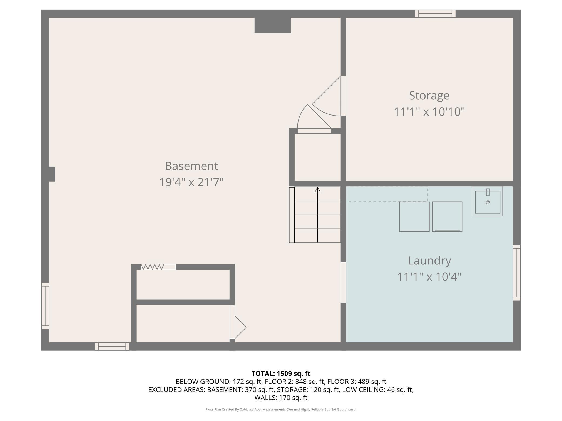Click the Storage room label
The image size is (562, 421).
(x=429, y=96)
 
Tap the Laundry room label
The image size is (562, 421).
(x=429, y=261)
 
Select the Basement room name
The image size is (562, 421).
(x=191, y=166)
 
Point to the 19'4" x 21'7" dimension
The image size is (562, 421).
(x=191, y=182)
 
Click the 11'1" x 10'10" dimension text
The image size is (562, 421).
(x=429, y=112)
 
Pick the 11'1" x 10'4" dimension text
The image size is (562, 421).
(x=429, y=277)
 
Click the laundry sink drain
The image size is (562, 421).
(x=488, y=202)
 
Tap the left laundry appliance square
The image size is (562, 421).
(x=414, y=216)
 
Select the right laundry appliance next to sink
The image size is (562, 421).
(x=447, y=216)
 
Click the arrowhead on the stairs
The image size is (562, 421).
(x=317, y=190)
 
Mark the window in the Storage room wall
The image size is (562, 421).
(x=435, y=13)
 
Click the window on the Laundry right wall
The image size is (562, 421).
(x=517, y=273)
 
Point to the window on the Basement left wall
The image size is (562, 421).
(x=45, y=306)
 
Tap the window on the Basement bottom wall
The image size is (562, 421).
(x=112, y=346)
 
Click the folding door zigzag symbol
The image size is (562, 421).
(x=152, y=267)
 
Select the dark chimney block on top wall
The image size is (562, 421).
(x=273, y=25)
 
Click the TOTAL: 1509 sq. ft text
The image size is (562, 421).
(x=281, y=374)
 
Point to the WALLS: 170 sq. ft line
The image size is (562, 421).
(x=281, y=398)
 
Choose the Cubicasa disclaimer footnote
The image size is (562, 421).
(x=281, y=409)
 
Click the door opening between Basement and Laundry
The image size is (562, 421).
(x=343, y=283)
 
